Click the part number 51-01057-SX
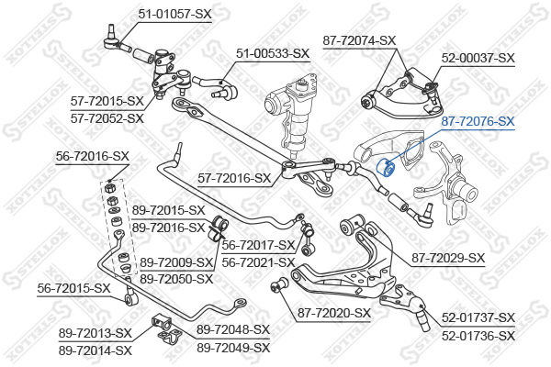[x=174, y=14]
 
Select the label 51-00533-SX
[x=273, y=54]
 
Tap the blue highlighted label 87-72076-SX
[x=478, y=121]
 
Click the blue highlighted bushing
[x=386, y=168]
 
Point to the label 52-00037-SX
[x=478, y=58]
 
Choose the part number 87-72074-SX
[x=359, y=40]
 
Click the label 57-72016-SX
[x=234, y=178]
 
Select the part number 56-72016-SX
[x=93, y=156]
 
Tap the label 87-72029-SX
[x=448, y=258]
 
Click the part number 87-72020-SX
[x=334, y=313]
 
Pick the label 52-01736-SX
[x=478, y=336]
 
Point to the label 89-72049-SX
[x=233, y=348]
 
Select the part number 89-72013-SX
[x=95, y=333]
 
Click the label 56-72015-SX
[x=73, y=289]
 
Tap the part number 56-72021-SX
[x=258, y=262]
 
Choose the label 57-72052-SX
[x=107, y=118]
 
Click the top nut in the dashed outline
[x=110, y=187]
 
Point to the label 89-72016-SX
[x=168, y=228]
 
